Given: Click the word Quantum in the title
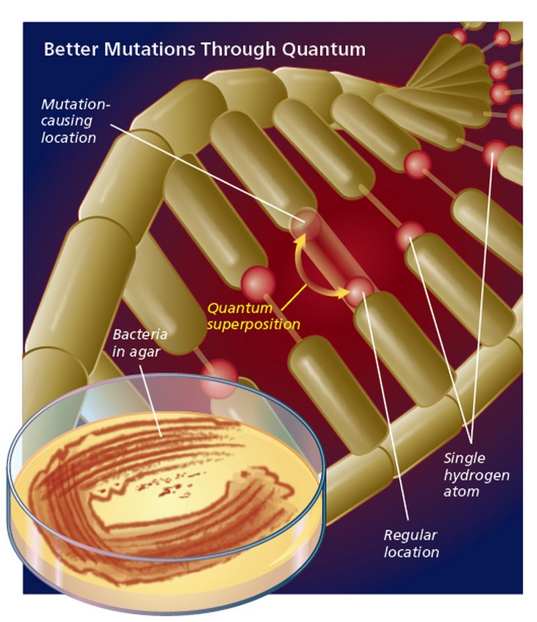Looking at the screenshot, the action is pyautogui.click(x=324, y=50).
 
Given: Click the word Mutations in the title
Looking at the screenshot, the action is pyautogui.click(x=150, y=49).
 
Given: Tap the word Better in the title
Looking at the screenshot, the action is pyautogui.click(x=71, y=49).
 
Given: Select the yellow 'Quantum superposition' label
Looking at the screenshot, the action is pyautogui.click(x=253, y=316).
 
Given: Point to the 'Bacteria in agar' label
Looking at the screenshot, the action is pyautogui.click(x=140, y=343).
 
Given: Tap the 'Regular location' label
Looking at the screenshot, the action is pyautogui.click(x=411, y=543).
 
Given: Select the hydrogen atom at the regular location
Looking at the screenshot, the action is pyautogui.click(x=359, y=291).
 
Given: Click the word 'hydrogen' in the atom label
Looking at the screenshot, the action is pyautogui.click(x=477, y=476).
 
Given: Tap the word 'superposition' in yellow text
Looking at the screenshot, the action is pyautogui.click(x=253, y=325).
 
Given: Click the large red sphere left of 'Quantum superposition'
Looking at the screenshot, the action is pyautogui.click(x=258, y=283).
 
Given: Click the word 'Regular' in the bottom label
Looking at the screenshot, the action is pyautogui.click(x=410, y=535).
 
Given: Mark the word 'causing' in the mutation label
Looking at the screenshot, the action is pyautogui.click(x=66, y=121).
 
